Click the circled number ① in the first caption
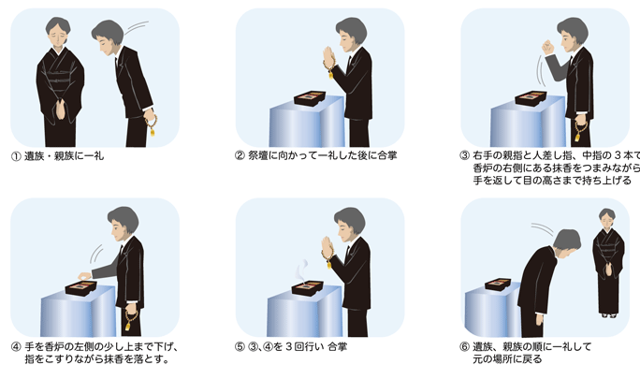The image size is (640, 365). [x=16, y=156]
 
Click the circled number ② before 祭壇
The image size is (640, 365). [x=240, y=155]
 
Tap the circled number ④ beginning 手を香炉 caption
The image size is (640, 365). [x=16, y=347]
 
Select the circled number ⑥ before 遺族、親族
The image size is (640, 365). [x=464, y=347]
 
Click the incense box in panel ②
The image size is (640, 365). [x=310, y=98]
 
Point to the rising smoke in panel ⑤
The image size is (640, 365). [x=301, y=270]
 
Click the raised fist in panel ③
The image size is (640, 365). [x=547, y=48]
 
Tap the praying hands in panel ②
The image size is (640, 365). [x=328, y=56]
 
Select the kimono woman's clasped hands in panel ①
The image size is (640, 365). [x=61, y=109]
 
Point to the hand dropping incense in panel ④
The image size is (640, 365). [x=84, y=276]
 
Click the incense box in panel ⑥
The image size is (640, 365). [x=498, y=285]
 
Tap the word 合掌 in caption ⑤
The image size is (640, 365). [x=337, y=347]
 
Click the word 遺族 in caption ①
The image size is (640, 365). [x=35, y=156]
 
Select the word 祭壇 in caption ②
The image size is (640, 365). [x=258, y=155]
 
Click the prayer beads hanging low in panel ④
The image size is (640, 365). [x=131, y=320]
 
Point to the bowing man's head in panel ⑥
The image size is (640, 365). [x=567, y=243]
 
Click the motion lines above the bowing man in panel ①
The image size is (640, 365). [x=137, y=28]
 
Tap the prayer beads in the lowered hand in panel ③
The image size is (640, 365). [x=580, y=131]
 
